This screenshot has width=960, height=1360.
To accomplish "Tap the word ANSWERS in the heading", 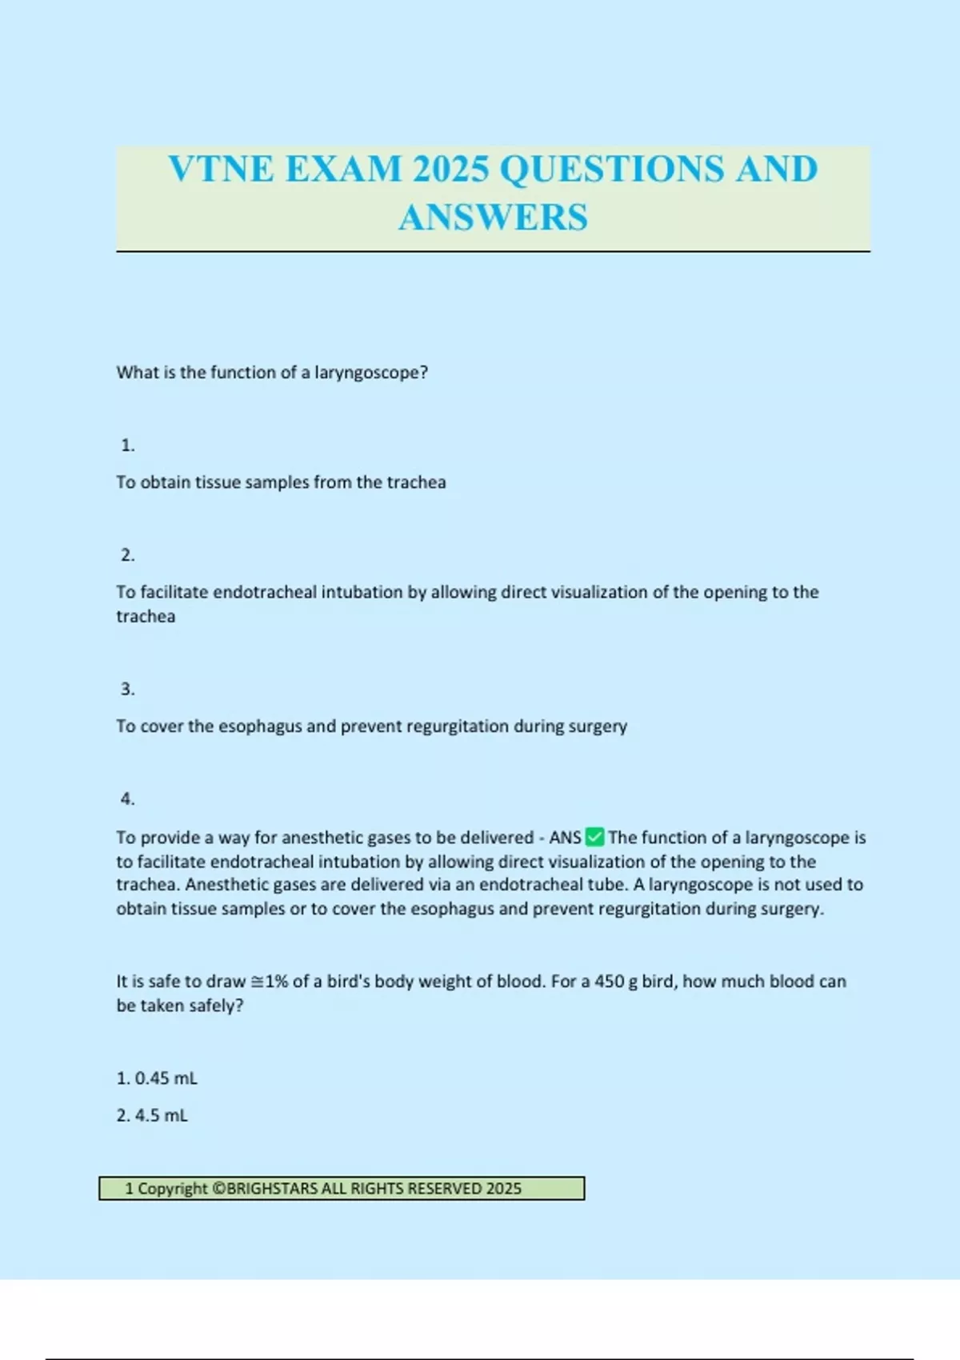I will coord(493,218).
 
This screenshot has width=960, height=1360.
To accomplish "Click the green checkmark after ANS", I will coord(594,838).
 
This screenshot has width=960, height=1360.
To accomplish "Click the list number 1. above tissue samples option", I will coord(127,446).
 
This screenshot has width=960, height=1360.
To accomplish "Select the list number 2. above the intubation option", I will coord(127,555).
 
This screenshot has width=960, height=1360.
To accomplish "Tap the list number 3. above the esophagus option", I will coord(127,689).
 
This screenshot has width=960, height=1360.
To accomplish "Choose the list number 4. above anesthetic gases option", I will coord(127,798).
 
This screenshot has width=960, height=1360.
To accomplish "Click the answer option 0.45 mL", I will coord(165,1078).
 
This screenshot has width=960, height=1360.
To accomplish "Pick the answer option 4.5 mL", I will coord(161,1115).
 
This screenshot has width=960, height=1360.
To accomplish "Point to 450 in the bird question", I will coord(610,982).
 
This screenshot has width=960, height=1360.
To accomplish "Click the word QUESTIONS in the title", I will coord(611,169).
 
